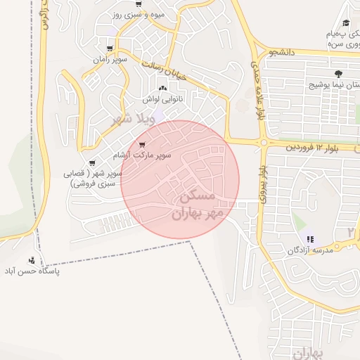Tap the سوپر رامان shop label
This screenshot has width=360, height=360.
click(x=108, y=59)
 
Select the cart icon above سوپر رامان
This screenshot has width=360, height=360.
click(x=109, y=48)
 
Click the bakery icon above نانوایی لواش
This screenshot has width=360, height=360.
click(x=163, y=89)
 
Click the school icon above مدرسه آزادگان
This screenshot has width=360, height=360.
click(x=311, y=239)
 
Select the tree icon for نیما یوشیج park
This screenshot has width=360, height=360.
click(x=339, y=73)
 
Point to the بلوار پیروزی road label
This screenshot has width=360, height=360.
click(x=263, y=186)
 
